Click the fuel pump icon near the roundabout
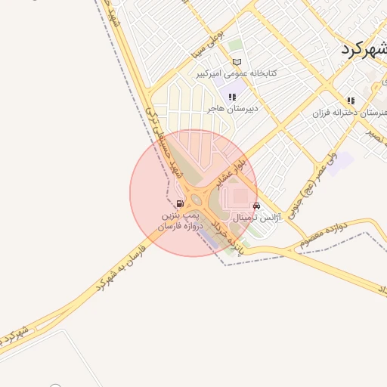[179, 203]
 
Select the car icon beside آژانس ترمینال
[257, 206]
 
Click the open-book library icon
[237, 62]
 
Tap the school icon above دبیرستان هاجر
[232, 97]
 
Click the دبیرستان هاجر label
[234, 108]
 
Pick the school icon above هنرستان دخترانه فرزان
[351, 101]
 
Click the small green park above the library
[236, 45]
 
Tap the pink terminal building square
[239, 197]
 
